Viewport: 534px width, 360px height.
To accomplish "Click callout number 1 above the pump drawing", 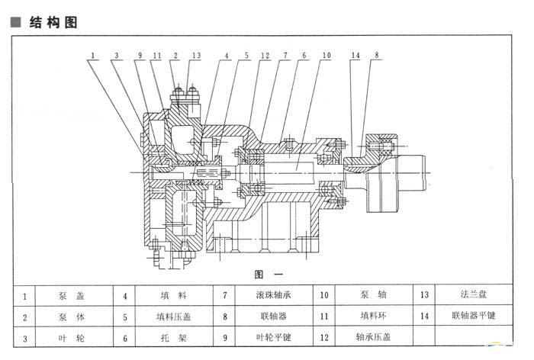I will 92,56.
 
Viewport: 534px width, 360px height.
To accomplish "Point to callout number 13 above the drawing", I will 196,56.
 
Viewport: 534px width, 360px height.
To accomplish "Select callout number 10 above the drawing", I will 326,56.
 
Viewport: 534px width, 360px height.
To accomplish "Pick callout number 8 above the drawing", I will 376,56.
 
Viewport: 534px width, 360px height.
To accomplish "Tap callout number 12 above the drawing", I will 265,56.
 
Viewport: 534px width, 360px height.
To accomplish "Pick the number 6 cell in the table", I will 124,336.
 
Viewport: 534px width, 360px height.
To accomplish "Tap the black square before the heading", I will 15,23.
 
